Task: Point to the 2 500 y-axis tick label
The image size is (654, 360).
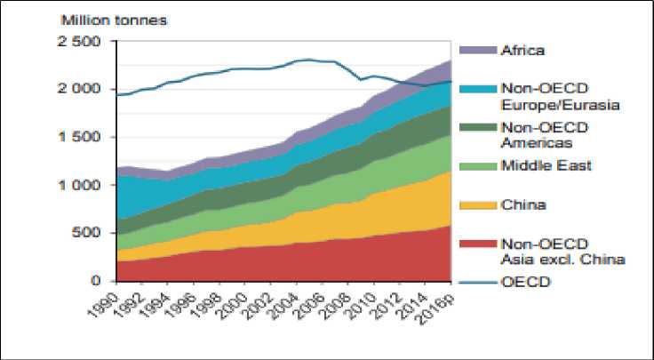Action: (85, 42)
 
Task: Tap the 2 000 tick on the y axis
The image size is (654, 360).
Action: (85, 90)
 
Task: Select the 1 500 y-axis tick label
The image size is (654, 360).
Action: (85, 138)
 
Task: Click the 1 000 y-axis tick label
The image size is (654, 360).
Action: (85, 186)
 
